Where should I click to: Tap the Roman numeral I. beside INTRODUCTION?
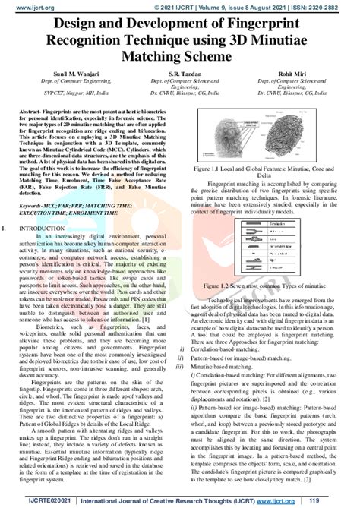(6, 227)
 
